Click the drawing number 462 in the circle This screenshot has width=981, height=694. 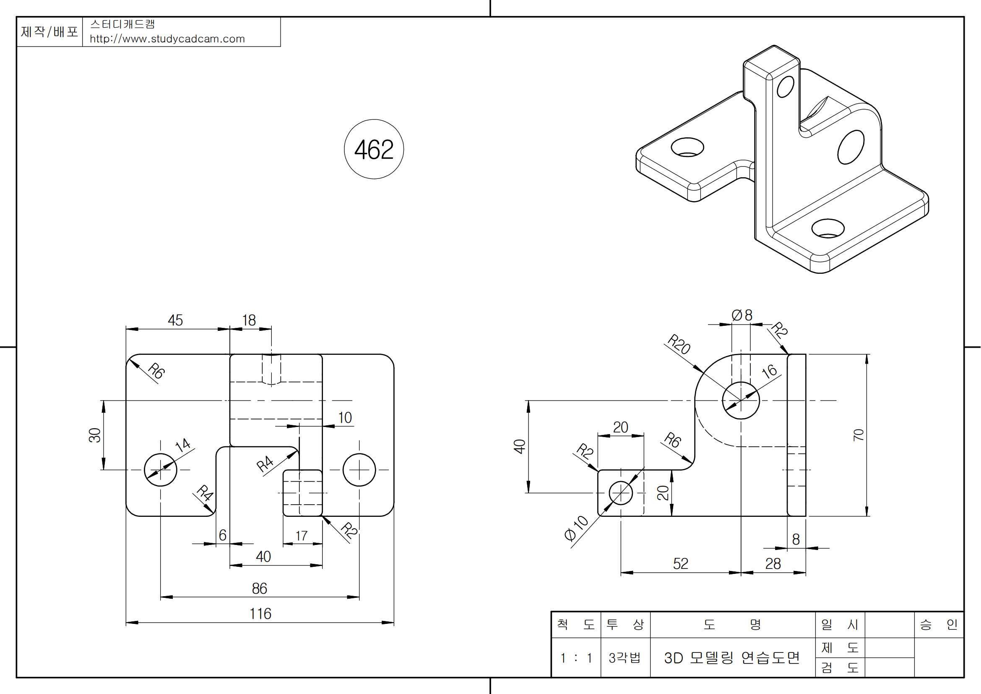pos(374,149)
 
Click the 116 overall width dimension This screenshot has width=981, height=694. pos(260,614)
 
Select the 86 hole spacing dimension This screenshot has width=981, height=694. pos(259,588)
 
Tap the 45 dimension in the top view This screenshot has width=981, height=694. pos(175,320)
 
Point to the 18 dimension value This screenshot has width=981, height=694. pos(249,320)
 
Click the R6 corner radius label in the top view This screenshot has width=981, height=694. pos(156,371)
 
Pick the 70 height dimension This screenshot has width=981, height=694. pos(859,435)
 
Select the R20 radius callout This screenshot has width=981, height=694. pos(679,344)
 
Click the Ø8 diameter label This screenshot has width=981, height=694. pos(742,316)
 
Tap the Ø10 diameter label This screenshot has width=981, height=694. pos(576,529)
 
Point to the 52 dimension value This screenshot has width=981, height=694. pos(681,563)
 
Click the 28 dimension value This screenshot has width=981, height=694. pos(773,563)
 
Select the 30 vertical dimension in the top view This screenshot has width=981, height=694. pos(95,435)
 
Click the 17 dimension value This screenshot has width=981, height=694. pos(302,536)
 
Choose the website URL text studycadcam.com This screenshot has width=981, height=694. pos(167,39)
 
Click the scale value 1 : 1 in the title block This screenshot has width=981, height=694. pos(576,657)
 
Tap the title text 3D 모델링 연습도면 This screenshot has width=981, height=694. pos(732,657)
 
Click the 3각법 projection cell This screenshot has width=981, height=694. pos(625,657)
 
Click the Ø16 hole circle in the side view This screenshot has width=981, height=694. pos(741,401)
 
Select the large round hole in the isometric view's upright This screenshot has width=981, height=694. pos(851,147)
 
